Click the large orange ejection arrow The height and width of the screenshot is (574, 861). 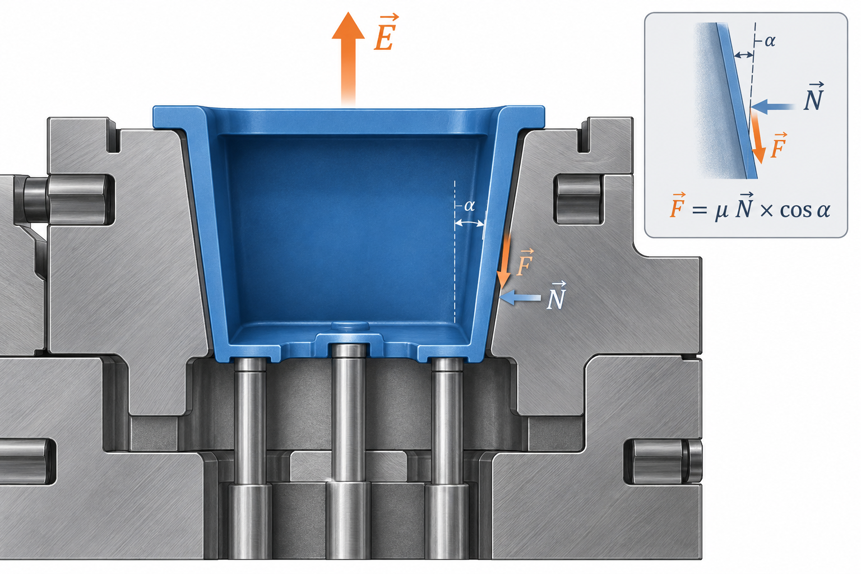tap(348, 58)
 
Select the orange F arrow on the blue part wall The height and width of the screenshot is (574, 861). tap(504, 261)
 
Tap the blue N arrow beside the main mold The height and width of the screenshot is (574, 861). tap(520, 298)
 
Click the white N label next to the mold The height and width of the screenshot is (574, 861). tap(557, 295)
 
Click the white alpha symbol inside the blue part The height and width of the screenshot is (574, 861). tap(469, 206)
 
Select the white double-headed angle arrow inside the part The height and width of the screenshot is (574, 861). tap(469, 223)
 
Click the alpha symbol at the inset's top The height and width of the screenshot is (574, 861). tap(770, 41)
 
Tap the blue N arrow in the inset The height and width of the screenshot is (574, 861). tap(772, 107)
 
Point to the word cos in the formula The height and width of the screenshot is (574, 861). tap(796, 210)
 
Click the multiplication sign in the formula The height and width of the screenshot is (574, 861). tap(766, 211)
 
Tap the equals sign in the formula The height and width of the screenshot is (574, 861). tap(700, 210)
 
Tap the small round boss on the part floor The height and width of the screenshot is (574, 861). tap(350, 327)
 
